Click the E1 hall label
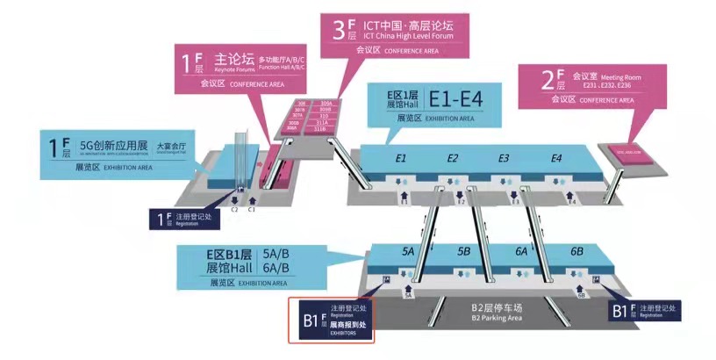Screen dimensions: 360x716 tap(400, 159)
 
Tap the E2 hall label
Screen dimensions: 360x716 tap(453, 159)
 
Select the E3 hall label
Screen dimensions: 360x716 tap(504, 159)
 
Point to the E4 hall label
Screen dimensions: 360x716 tap(555, 159)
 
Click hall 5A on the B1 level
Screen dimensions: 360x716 tap(408, 252)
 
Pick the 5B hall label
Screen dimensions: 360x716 tap(463, 252)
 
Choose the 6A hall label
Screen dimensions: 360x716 tap(520, 252)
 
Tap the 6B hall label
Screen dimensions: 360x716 tap(576, 252)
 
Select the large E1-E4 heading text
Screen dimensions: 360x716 tap(462, 95)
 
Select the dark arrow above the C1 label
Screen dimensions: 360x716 tap(251, 199)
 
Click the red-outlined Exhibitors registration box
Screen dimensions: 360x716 tap(333, 320)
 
